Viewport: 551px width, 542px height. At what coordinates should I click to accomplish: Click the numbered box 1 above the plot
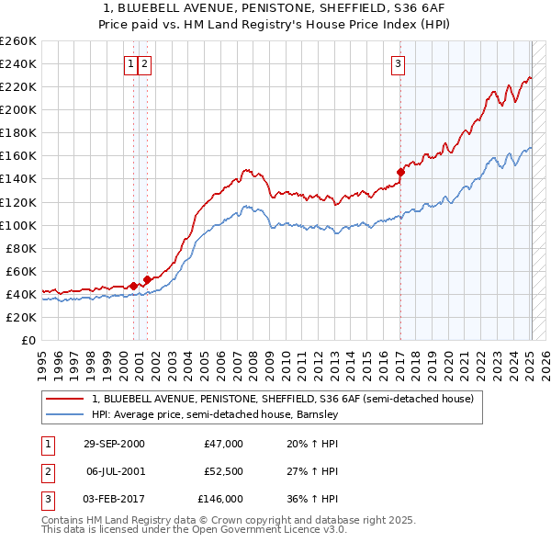pos(132,63)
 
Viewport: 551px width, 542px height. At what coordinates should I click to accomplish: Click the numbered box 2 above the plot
pos(146,63)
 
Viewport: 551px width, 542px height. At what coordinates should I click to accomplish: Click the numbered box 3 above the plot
pos(399,63)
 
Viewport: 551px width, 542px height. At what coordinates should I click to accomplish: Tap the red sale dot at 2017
pos(400,172)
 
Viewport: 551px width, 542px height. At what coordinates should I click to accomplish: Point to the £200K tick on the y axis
pos(19,109)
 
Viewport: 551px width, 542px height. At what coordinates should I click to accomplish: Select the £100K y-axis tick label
pos(19,225)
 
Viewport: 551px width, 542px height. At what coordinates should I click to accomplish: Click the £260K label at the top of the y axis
pos(19,41)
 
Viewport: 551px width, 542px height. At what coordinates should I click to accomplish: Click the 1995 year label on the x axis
pos(42,358)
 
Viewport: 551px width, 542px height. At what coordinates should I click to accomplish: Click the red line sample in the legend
pos(64,399)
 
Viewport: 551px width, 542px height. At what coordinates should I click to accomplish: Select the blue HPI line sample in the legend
pos(64,414)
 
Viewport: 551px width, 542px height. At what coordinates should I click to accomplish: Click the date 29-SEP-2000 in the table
pos(114,444)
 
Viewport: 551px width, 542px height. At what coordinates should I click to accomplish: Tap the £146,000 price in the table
pos(220,499)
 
